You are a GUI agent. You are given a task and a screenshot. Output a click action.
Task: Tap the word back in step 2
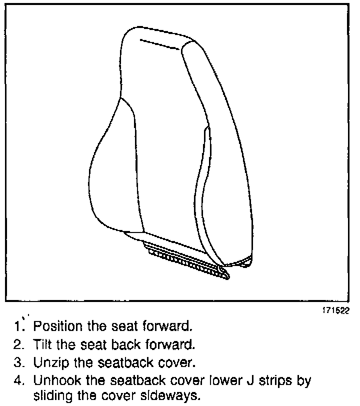120,344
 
